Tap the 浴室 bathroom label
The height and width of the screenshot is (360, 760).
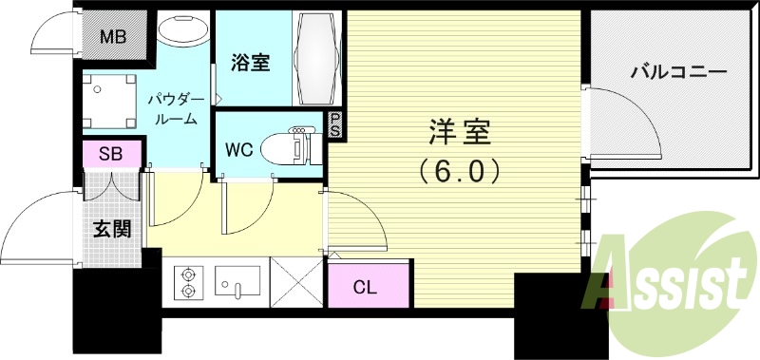click(x=251, y=64)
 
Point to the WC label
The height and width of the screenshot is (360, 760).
click(x=238, y=149)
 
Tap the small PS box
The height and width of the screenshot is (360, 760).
click(x=334, y=125)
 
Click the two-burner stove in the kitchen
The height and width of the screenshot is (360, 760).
click(x=188, y=282)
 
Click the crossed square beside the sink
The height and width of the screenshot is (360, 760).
click(x=297, y=282)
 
